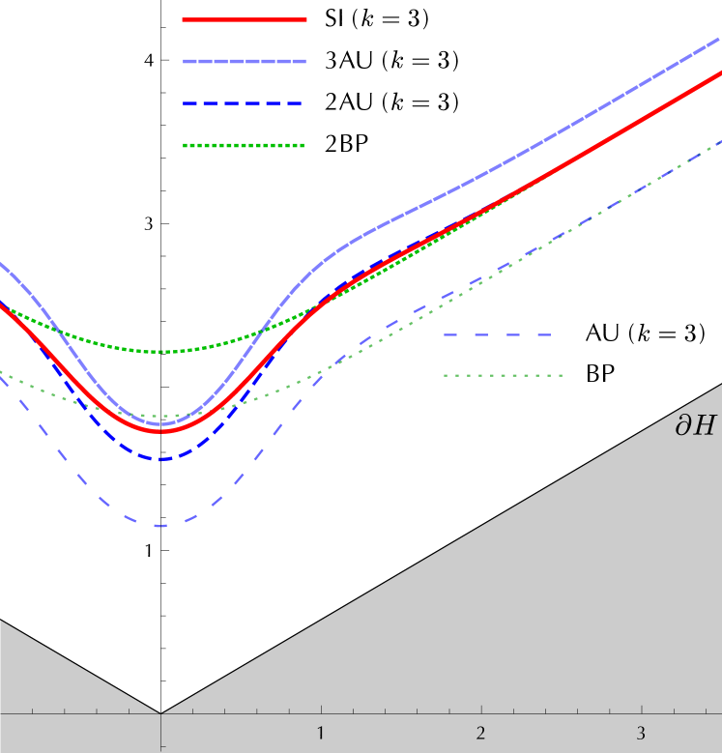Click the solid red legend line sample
coord(245,19)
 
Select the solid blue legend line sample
coord(245,61)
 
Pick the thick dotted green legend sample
coord(244,145)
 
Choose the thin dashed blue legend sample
coord(498,334)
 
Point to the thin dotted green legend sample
coord(503,375)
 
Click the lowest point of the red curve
coord(160,431)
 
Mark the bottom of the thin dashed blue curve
coord(160,526)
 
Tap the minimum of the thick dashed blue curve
coord(161,459)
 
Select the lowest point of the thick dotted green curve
coord(166,352)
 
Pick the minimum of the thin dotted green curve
coord(160,417)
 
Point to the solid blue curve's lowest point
coord(161,423)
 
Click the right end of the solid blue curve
coord(720,38)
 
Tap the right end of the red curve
coord(720,71)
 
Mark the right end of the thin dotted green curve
coord(720,141)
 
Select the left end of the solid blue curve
coord(1,262)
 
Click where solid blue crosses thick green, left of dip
coord(58,331)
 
